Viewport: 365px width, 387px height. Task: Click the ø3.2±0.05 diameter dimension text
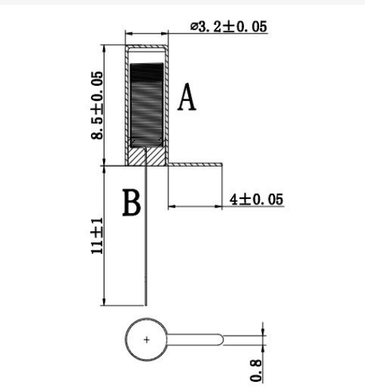click(x=229, y=26)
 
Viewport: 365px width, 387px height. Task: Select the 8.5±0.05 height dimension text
click(x=97, y=105)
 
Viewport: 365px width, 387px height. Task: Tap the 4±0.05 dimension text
click(x=256, y=200)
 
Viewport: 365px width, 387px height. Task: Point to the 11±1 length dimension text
click(x=97, y=236)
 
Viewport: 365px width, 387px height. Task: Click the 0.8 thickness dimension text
click(x=255, y=371)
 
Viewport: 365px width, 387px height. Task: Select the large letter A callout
click(x=187, y=97)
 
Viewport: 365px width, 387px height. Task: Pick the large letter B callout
click(x=132, y=202)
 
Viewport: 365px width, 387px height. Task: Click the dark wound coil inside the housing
click(x=147, y=104)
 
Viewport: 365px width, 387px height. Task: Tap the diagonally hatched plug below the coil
click(x=147, y=156)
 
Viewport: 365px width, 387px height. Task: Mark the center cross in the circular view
click(x=147, y=340)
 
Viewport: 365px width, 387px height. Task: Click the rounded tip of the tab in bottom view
click(x=222, y=340)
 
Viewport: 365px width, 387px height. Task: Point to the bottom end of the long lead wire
click(x=146, y=305)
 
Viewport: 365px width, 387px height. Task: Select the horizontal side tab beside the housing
click(x=195, y=165)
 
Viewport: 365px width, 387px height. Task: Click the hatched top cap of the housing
click(x=147, y=46)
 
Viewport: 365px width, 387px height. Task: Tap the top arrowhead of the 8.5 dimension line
click(x=104, y=49)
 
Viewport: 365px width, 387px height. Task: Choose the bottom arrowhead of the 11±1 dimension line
click(x=104, y=302)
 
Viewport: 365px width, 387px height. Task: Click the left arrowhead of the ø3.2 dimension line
click(x=129, y=34)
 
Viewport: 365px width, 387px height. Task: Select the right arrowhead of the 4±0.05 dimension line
click(x=218, y=206)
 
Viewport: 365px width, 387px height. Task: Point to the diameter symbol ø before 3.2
click(x=194, y=26)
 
